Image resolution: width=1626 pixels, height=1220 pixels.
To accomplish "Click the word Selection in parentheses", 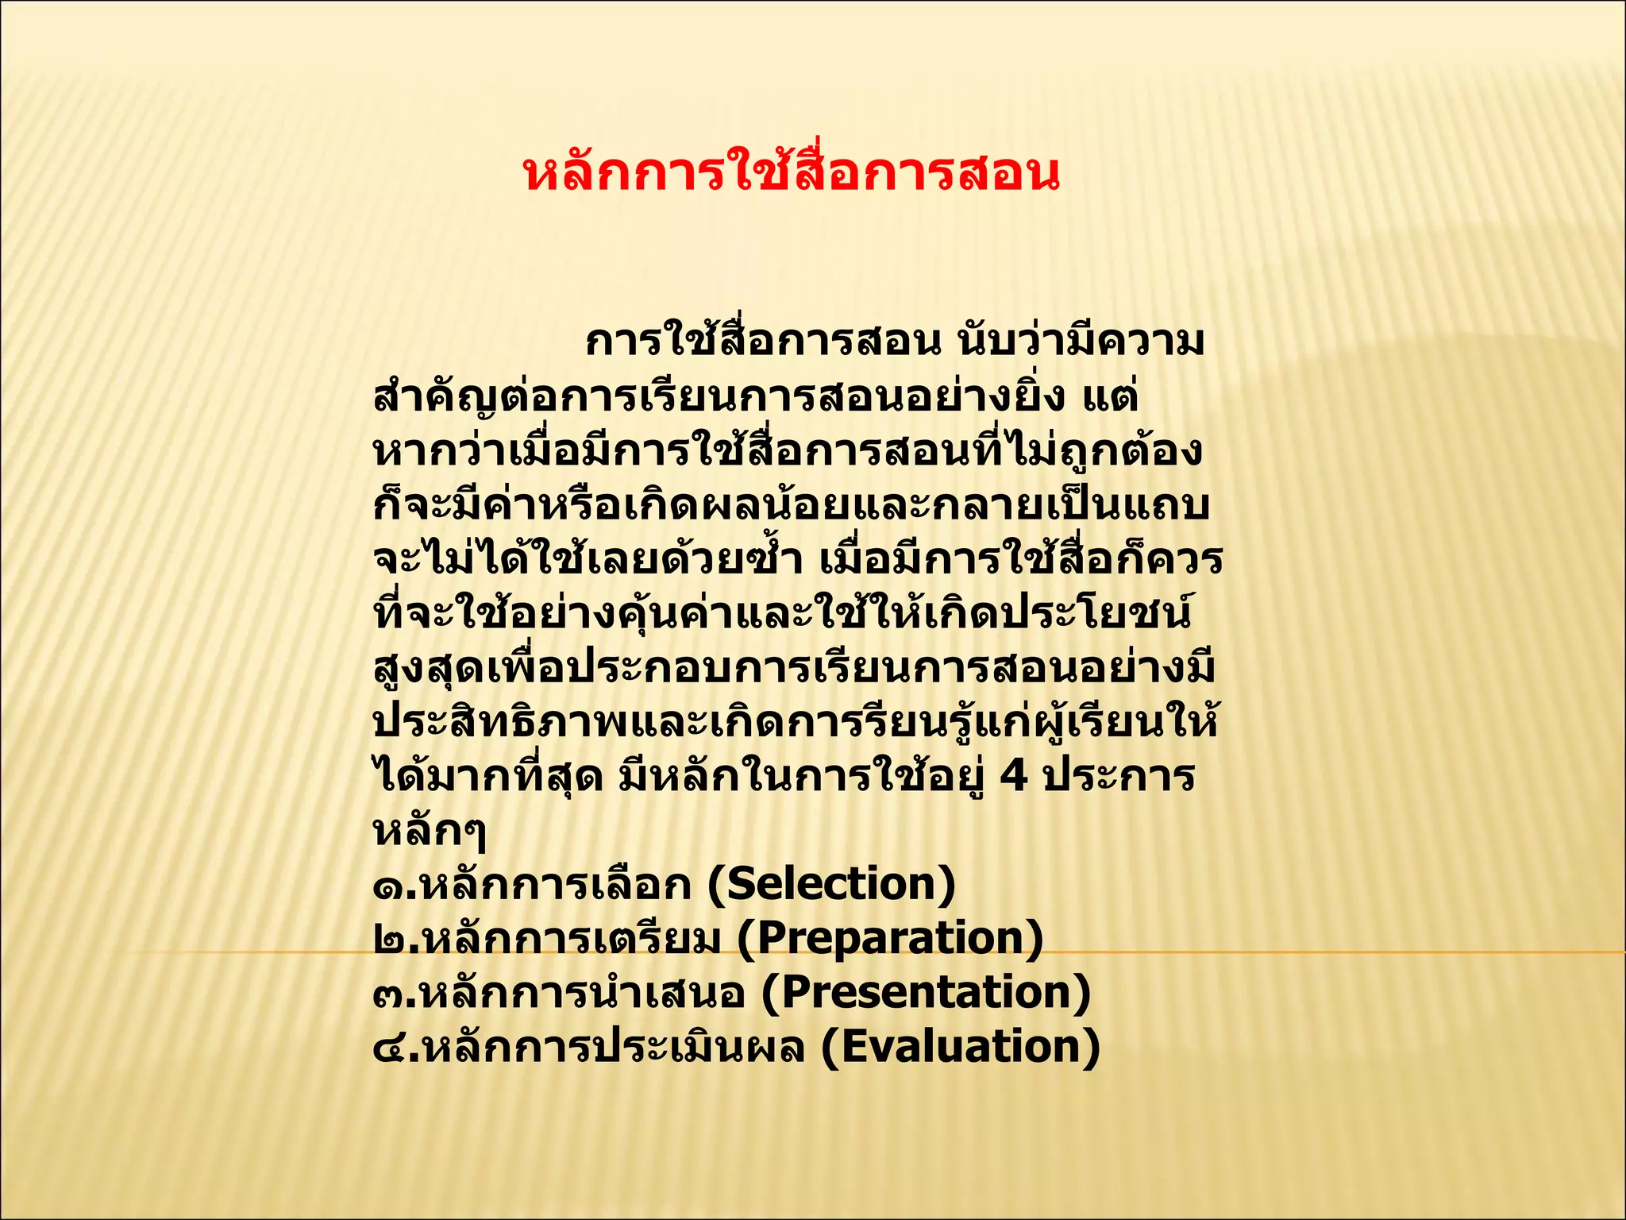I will click(x=831, y=885).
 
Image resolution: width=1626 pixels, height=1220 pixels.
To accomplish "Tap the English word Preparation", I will click(x=889, y=938).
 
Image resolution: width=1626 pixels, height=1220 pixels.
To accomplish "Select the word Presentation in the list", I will click(x=926, y=993).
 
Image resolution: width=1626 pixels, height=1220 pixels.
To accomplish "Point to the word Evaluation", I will click(x=960, y=1047).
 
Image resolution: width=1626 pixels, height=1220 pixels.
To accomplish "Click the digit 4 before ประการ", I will click(x=1014, y=775).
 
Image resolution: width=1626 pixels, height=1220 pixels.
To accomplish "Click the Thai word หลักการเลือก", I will click(x=556, y=885).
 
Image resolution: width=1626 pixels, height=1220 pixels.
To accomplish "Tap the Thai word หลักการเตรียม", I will click(x=572, y=939).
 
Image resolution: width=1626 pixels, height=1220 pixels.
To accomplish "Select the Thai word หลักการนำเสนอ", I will click(x=584, y=993).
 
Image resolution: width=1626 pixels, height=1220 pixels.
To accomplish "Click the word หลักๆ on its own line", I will click(x=430, y=831).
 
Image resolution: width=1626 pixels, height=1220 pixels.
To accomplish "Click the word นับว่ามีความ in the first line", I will click(x=1081, y=342).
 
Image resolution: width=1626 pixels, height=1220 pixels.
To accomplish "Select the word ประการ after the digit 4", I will click(x=1118, y=775).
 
